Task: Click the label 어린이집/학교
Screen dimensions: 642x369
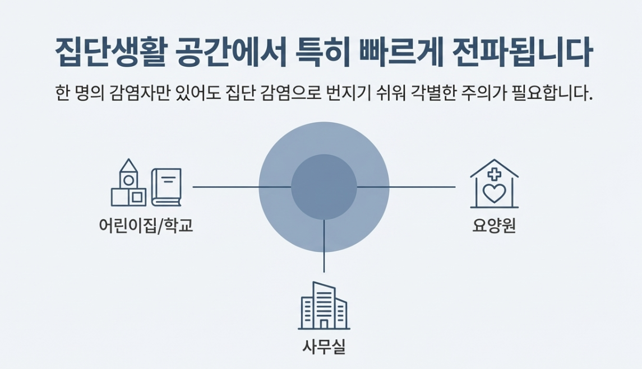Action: pos(145,226)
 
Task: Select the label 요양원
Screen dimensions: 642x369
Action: pos(494,226)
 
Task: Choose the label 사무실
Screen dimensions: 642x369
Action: pos(324,347)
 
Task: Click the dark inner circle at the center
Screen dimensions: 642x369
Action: pos(324,186)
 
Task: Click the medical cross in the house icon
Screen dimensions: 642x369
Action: pos(494,174)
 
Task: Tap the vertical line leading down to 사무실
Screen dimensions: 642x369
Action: pos(324,246)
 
